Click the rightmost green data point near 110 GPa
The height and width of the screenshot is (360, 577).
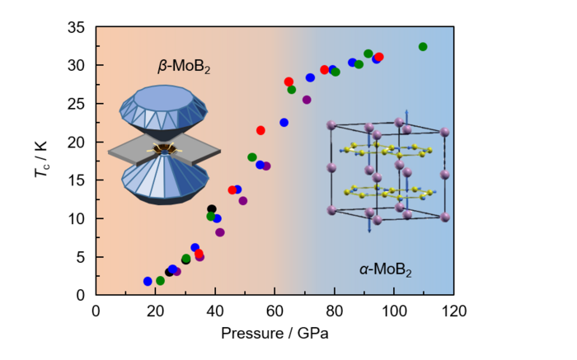pos(423,47)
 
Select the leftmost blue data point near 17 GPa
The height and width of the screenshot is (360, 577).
pos(148,282)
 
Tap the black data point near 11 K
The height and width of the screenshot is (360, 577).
pos(212,209)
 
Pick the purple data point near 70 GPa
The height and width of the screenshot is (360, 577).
pos(307,100)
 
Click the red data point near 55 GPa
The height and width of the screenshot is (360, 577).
pos(260,130)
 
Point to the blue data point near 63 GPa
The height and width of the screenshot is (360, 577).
pos(284,123)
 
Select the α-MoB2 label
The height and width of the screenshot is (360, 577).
pos(385,269)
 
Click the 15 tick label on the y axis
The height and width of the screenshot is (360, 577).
pos(78,180)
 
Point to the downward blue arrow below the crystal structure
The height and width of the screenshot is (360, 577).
pos(368,224)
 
